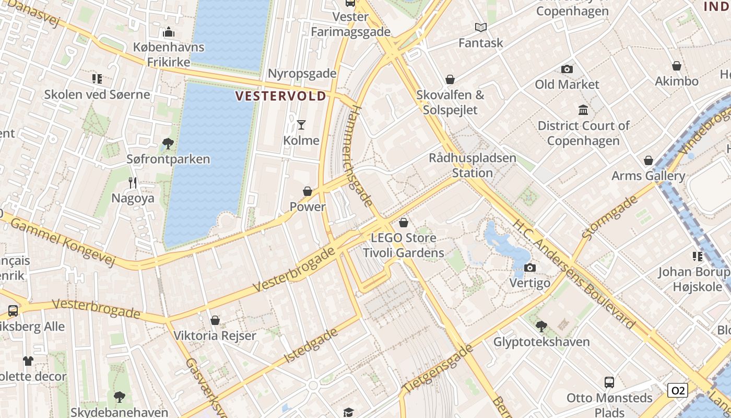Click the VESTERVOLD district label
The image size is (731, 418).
[281, 96]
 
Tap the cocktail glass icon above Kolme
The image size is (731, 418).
[301, 124]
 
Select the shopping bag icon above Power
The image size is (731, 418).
[308, 191]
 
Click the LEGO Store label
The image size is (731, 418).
[403, 238]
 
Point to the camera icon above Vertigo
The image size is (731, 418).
[530, 268]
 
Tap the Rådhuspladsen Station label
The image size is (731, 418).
[473, 165]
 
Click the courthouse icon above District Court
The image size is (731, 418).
[583, 110]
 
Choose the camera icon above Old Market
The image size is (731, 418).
[567, 69]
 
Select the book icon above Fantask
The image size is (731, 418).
[481, 27]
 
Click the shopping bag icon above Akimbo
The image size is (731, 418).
[677, 66]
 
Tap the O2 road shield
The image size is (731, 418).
[677, 390]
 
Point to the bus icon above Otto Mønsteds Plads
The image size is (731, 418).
[609, 382]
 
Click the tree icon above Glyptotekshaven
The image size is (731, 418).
[541, 327]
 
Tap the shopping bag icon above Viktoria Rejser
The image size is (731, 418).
[215, 320]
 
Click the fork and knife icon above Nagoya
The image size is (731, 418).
[133, 183]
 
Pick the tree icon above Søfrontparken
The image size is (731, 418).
[168, 144]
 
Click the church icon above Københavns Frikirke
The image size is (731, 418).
[169, 32]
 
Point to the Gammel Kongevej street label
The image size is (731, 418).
[62, 241]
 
